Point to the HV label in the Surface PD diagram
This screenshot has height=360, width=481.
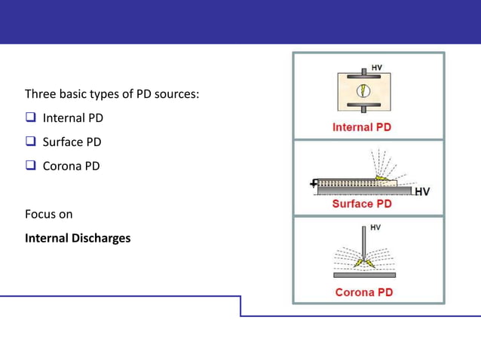422,191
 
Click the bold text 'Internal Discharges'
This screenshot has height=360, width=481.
78,238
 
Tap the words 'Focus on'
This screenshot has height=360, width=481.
49,215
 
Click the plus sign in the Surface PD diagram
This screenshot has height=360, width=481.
314,183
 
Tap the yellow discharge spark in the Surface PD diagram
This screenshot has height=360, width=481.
384,179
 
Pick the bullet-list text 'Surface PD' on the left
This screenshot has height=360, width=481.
72,142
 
